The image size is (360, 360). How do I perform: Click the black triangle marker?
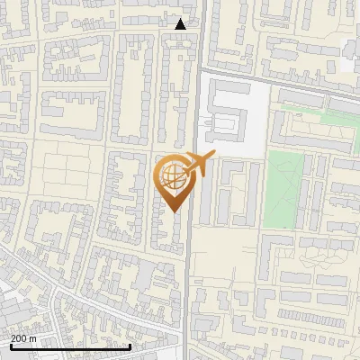click(x=181, y=23)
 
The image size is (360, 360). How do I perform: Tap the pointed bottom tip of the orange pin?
click(x=174, y=210)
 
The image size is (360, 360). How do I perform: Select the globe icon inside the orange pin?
click(x=172, y=174)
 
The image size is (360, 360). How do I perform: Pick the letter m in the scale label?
click(x=33, y=338)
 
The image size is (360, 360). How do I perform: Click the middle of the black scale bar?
click(x=70, y=346)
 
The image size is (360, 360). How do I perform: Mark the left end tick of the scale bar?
click(x=11, y=346)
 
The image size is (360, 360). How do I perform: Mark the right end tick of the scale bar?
click(x=130, y=346)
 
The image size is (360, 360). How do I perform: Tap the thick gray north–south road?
click(x=192, y=270)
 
